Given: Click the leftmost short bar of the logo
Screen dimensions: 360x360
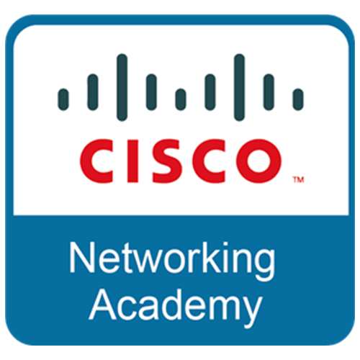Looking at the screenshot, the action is pos(63,99).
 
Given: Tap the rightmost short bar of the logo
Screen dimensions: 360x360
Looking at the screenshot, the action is pos(298,99).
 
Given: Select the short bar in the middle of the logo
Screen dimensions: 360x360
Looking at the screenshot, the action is pos(181,99).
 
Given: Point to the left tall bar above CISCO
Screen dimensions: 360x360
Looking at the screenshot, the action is pos(122,87).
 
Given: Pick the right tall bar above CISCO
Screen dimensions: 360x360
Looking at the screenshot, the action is pos(240,87).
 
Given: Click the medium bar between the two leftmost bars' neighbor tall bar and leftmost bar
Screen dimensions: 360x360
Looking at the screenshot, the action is pos(93,92).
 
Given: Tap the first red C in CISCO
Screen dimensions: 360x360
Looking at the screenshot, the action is pos(96,161).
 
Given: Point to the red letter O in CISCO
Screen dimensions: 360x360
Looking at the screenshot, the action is pos(258,161).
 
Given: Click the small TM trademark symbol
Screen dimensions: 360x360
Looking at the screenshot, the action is pos(299,180).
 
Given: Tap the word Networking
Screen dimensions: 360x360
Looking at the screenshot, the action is pos(172,261).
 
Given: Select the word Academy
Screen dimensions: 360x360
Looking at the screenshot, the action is pos(176,308).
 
